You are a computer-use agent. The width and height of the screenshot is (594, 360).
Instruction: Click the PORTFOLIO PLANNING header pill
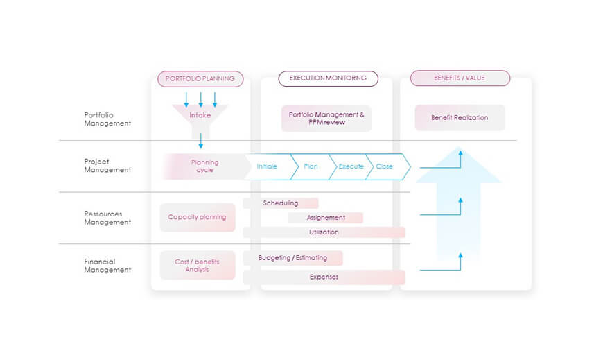[200, 78]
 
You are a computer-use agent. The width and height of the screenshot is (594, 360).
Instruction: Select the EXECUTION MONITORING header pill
[328, 78]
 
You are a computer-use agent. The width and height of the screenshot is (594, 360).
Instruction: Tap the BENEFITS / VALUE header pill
[460, 78]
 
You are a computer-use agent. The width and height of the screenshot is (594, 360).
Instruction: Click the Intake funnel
[200, 115]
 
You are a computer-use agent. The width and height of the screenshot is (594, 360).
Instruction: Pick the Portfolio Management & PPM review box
[326, 118]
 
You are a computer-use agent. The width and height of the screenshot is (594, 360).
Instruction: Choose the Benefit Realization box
[460, 118]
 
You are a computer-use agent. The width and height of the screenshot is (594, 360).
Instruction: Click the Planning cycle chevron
[204, 166]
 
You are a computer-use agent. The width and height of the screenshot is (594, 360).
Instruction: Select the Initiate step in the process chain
[268, 166]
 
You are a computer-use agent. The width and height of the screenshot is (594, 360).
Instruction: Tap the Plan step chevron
[311, 166]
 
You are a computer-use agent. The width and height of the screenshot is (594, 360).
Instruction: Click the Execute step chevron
[351, 166]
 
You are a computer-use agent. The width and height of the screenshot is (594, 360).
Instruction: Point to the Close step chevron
[385, 166]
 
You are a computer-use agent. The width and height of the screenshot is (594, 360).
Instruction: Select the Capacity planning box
[197, 217]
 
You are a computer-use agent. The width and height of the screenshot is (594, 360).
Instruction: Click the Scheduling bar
[281, 203]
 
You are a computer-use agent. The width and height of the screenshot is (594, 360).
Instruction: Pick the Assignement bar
[326, 218]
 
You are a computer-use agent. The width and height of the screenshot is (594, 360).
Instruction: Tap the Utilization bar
[324, 232]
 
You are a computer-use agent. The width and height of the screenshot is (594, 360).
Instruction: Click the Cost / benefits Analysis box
[197, 265]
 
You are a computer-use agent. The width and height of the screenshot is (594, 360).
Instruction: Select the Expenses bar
[324, 277]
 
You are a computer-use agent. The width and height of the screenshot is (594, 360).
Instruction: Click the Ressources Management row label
[107, 218]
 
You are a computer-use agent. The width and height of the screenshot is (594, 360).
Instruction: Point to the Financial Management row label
[107, 266]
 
